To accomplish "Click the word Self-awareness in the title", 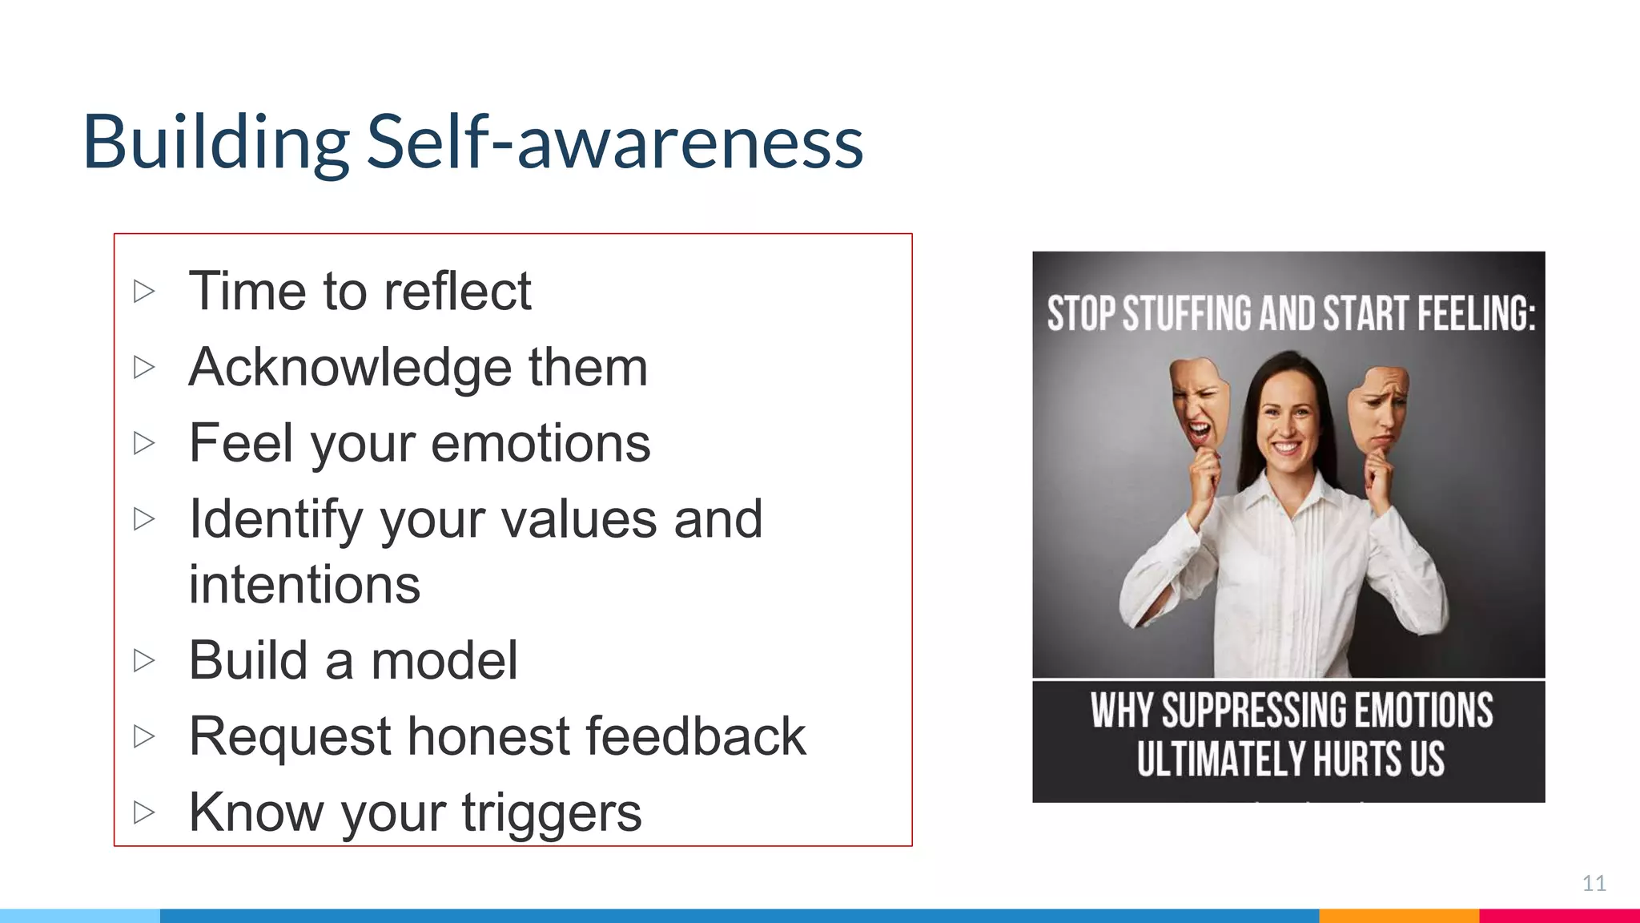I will [x=615, y=143].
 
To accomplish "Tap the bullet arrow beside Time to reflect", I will [x=144, y=291].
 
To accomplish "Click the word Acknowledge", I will [x=349, y=368].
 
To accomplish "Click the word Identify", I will [x=275, y=520].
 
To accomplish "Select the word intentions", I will [x=304, y=585].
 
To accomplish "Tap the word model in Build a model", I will [x=444, y=661].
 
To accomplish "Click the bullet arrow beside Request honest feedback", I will [x=144, y=736].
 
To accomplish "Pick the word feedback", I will [x=696, y=736].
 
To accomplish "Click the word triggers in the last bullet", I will [x=552, y=812].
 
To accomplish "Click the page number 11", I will [x=1594, y=883].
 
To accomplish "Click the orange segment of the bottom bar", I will [x=1398, y=916].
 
